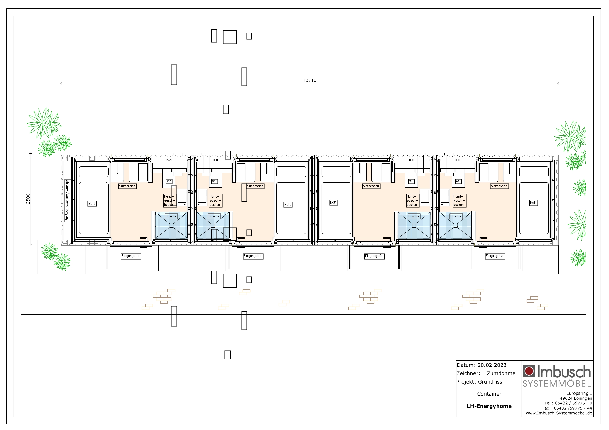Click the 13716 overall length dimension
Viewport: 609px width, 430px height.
(310, 80)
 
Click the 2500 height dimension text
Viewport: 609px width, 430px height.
(28, 199)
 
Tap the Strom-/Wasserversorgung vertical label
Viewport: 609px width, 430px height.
(68, 200)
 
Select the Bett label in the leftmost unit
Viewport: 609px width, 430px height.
(92, 204)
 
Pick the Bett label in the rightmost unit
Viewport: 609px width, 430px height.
(533, 203)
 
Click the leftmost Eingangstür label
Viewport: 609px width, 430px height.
(131, 256)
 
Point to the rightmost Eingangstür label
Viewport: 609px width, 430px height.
(495, 256)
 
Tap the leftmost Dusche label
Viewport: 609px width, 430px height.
(171, 216)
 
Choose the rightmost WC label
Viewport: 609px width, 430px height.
(458, 181)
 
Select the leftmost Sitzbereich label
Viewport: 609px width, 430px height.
(127, 186)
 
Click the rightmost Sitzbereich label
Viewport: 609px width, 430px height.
(499, 186)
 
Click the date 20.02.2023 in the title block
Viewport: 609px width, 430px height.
(492, 365)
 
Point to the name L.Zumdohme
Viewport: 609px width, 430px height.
(499, 374)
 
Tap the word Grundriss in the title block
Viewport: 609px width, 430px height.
(490, 382)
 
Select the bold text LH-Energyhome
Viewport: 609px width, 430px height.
(489, 406)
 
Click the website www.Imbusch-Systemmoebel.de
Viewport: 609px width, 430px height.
(559, 413)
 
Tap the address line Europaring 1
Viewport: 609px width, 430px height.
(579, 393)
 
